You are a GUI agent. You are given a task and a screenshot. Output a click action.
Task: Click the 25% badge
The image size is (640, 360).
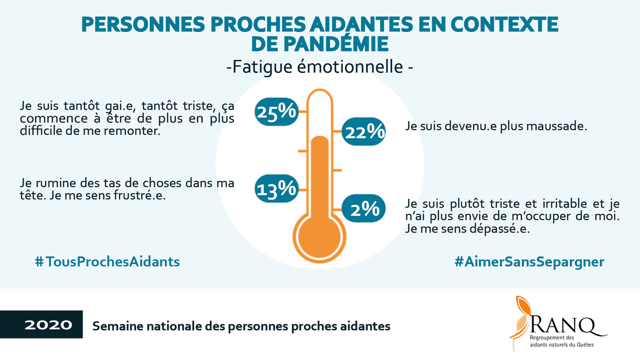point(276,112)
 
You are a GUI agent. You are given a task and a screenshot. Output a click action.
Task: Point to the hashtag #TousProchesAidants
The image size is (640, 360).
point(107,262)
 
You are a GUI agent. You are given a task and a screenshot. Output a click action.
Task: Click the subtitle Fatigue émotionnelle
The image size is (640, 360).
point(320,68)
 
